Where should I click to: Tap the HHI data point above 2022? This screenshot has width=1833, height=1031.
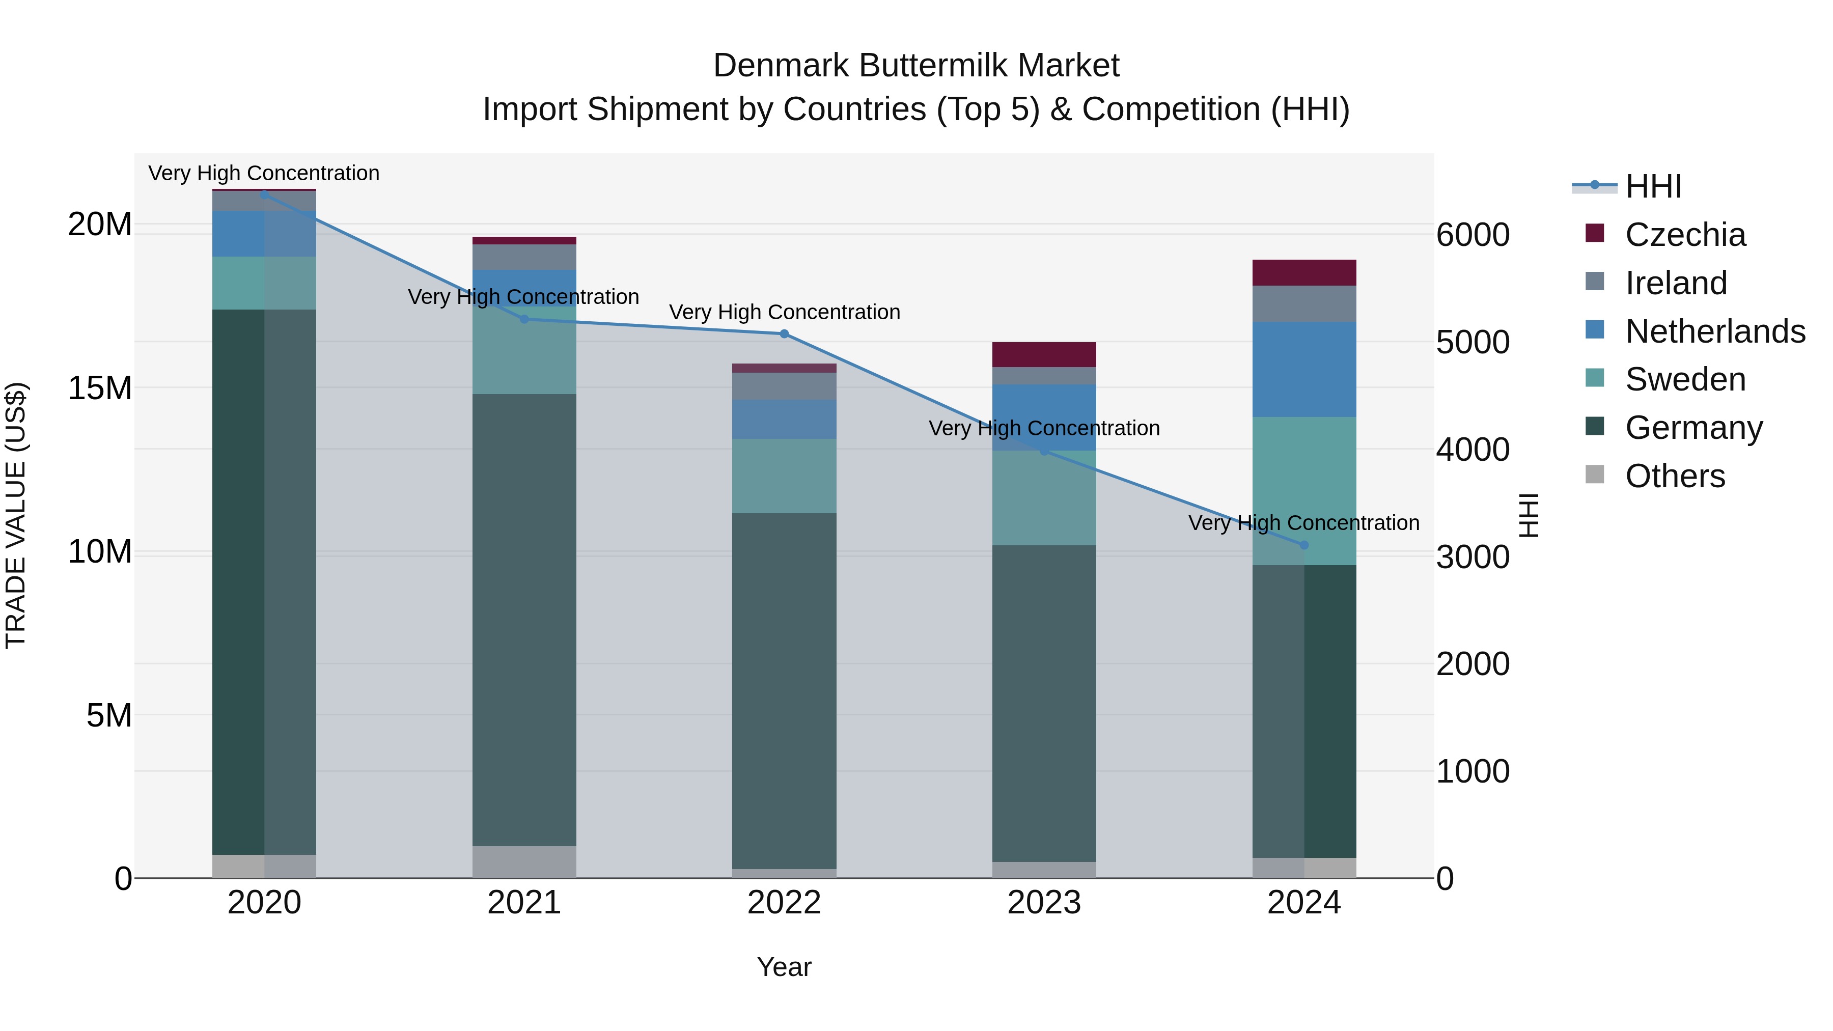(x=784, y=333)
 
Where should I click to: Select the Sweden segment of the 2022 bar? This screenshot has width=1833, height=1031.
(x=784, y=476)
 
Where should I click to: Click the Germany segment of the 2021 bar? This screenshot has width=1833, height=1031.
(x=524, y=619)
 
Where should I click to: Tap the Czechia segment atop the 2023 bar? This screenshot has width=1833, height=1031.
(x=1044, y=354)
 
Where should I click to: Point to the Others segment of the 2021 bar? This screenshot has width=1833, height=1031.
(x=524, y=861)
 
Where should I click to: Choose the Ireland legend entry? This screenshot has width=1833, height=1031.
(x=1676, y=283)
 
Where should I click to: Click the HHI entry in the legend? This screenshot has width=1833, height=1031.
(x=1653, y=186)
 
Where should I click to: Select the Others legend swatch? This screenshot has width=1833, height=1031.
(x=1595, y=475)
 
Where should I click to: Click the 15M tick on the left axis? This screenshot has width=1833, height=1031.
(x=100, y=388)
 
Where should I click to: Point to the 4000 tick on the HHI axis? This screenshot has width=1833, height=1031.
(x=1472, y=450)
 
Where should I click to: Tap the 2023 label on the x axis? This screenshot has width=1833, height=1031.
(x=1044, y=903)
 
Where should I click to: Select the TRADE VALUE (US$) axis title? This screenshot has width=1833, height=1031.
(x=16, y=515)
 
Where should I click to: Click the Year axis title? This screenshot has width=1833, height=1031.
(x=784, y=967)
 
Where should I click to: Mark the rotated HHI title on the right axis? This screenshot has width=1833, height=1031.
(x=1529, y=515)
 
